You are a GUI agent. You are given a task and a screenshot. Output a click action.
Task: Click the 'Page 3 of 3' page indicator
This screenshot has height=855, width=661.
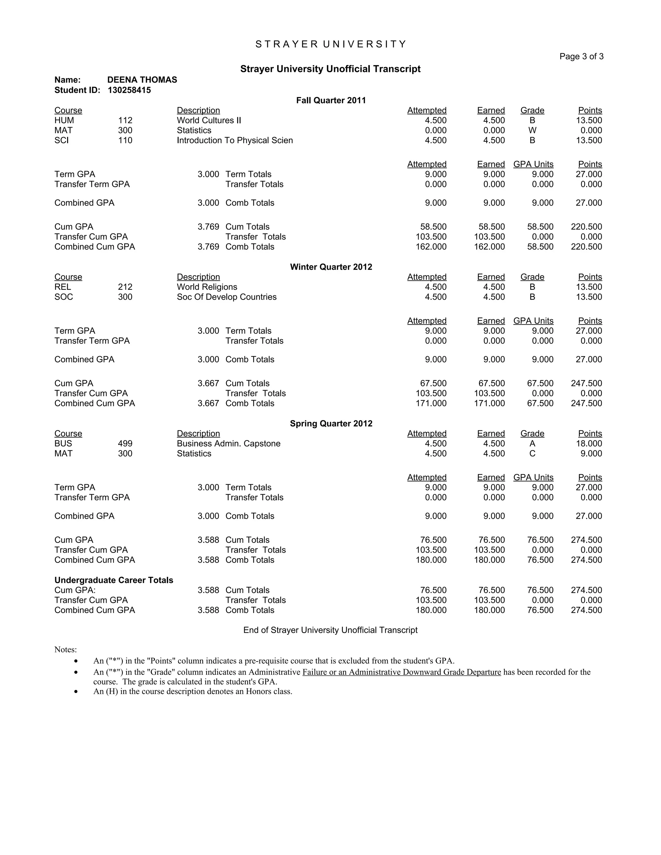581,56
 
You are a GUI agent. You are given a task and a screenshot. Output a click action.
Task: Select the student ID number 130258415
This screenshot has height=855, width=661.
129,90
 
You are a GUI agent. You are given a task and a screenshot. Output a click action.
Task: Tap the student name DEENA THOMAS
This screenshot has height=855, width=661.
142,80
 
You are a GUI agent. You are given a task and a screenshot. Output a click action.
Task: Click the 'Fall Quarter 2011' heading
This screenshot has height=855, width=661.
330,100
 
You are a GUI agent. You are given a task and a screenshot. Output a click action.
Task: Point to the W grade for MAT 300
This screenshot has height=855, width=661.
532,130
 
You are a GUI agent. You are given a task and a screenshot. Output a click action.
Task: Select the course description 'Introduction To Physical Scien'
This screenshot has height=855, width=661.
235,140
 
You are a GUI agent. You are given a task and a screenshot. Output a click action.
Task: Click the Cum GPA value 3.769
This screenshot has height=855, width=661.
208,227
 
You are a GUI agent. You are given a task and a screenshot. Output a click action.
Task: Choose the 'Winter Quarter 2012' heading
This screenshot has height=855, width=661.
330,267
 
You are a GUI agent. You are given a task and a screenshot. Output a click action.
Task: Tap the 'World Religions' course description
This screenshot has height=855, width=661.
207,287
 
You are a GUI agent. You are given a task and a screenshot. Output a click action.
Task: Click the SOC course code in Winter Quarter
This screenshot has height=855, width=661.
64,297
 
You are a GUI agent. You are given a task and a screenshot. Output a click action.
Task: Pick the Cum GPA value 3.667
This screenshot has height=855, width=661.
208,383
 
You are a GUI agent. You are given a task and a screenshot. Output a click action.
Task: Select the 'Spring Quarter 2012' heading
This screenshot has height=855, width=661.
330,424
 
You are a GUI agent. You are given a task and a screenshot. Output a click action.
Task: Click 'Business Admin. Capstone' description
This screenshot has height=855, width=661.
228,444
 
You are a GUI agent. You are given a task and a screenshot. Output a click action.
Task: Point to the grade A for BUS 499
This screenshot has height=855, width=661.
532,444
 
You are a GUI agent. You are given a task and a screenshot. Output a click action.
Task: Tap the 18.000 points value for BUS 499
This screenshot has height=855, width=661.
589,444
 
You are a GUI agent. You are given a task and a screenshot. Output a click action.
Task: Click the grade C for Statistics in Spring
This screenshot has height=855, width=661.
532,453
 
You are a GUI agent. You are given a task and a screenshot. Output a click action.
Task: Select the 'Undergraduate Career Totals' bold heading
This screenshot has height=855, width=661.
114,580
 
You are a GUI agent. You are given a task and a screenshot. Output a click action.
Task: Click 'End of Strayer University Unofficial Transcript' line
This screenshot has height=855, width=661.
330,630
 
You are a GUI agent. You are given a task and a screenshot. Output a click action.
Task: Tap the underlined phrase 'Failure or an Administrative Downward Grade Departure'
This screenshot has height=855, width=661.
402,672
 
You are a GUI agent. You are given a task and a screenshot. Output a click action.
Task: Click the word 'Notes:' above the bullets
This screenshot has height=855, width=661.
66,649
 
